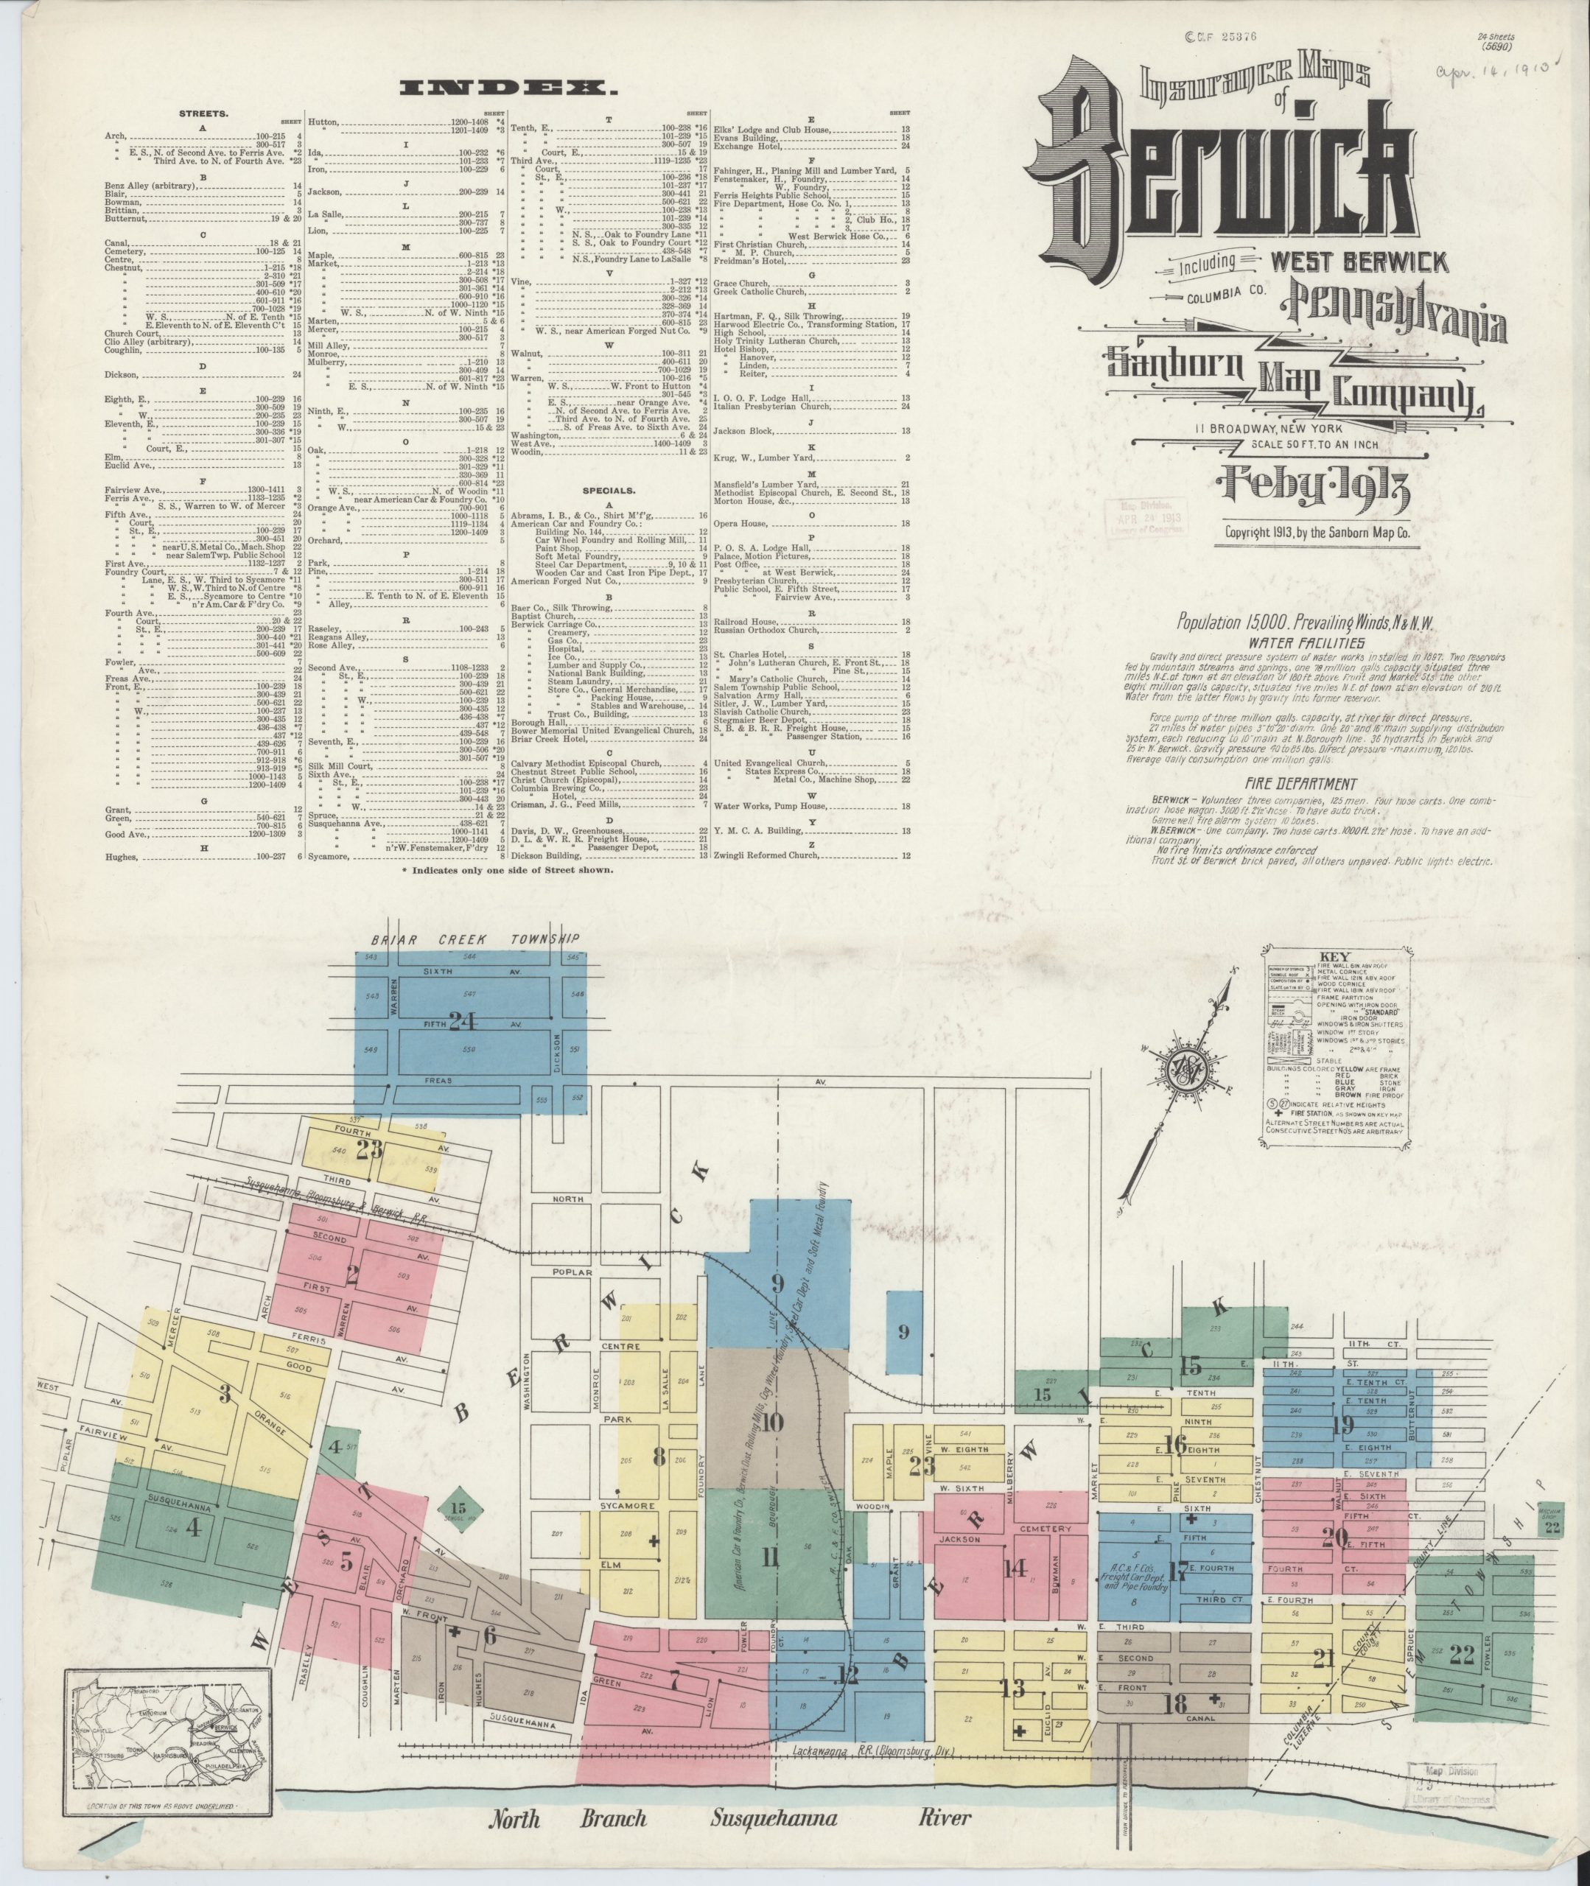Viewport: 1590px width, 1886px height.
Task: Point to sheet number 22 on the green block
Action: (1461, 1655)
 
